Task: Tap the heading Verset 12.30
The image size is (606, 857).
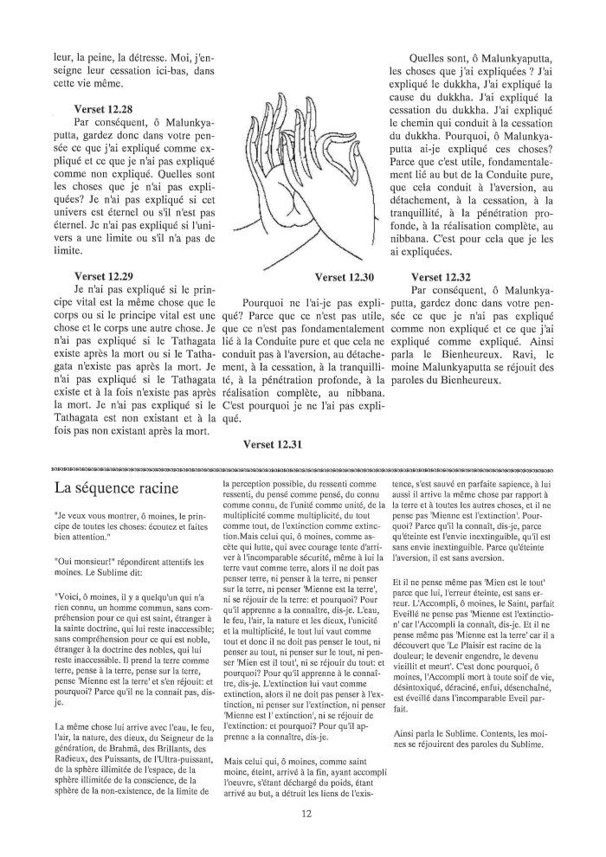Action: click(x=344, y=278)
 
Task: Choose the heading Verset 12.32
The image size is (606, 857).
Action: click(x=441, y=278)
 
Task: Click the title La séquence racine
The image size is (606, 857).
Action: click(x=116, y=487)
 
